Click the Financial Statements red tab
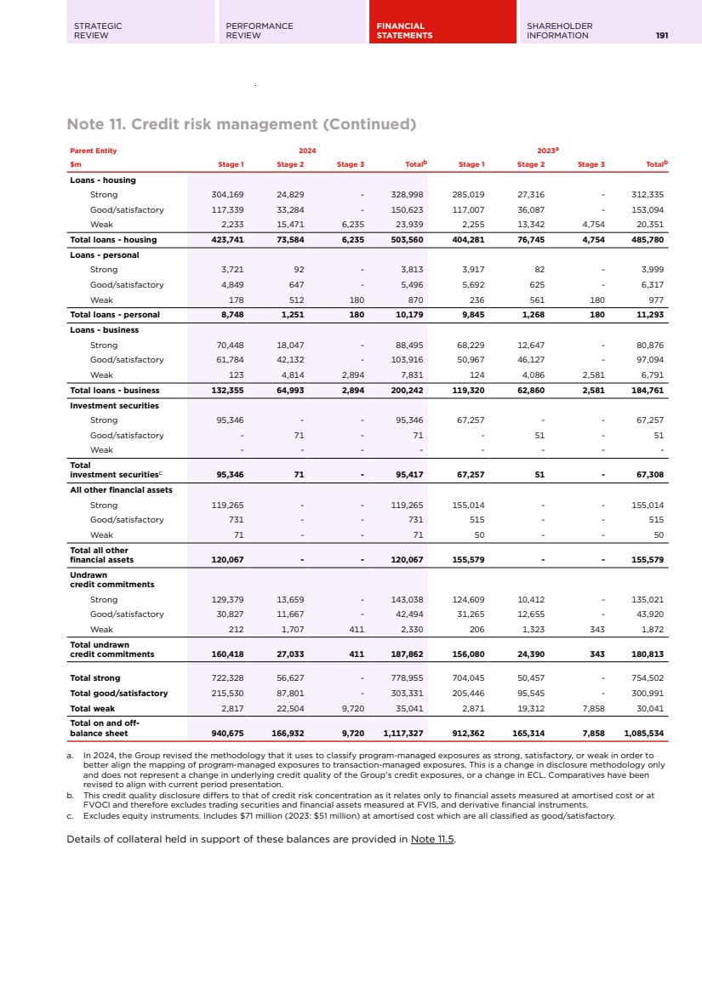pyautogui.click(x=442, y=31)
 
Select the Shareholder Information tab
pyautogui.click(x=559, y=31)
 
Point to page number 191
pyautogui.click(x=661, y=36)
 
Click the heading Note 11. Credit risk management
pyautogui.click(x=243, y=124)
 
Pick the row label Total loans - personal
pyautogui.click(x=114, y=315)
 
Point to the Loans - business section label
pyautogui.click(x=104, y=329)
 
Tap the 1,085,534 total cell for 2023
pyautogui.click(x=644, y=733)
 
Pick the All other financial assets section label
pyautogui.click(x=121, y=490)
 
